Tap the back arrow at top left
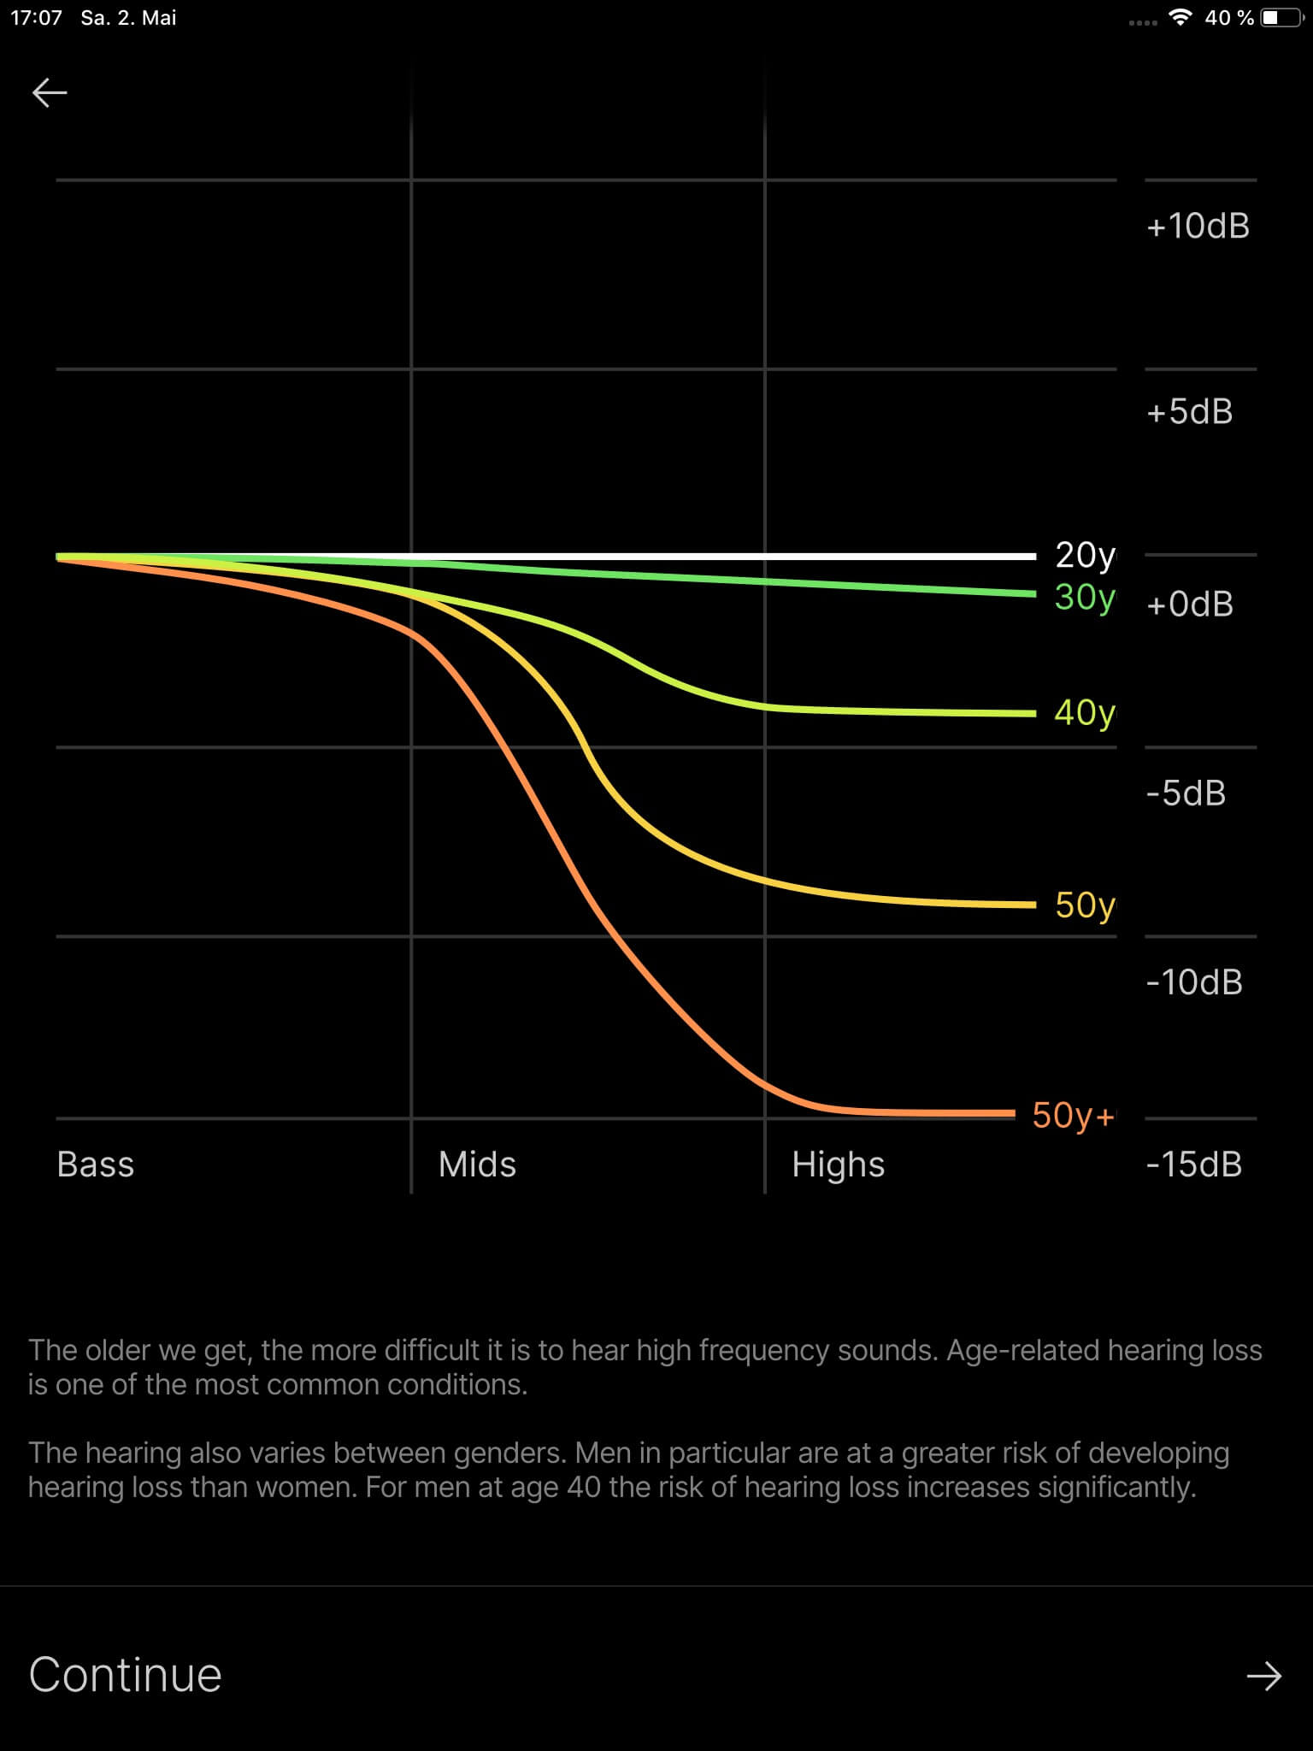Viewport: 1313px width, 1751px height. [x=50, y=92]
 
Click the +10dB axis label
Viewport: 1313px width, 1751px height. [x=1198, y=227]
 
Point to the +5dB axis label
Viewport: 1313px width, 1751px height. [x=1189, y=412]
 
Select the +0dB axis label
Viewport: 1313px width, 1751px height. [x=1190, y=604]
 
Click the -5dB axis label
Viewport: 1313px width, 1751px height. [x=1186, y=793]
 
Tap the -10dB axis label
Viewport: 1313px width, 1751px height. [x=1194, y=982]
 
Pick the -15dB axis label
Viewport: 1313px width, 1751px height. [x=1194, y=1164]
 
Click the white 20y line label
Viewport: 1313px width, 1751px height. [x=1085, y=556]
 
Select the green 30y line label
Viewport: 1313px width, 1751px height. [x=1084, y=598]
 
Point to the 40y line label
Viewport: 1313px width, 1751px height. [x=1084, y=713]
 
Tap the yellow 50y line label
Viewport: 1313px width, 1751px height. [x=1085, y=905]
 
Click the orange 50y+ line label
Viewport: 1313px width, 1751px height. [x=1073, y=1116]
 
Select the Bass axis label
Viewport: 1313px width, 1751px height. [x=96, y=1164]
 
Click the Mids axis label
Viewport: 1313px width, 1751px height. [x=477, y=1164]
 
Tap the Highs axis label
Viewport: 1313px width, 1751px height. [x=838, y=1164]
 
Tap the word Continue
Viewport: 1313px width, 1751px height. [x=126, y=1675]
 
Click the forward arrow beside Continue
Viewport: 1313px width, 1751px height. [x=1263, y=1677]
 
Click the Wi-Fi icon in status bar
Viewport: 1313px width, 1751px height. [x=1181, y=18]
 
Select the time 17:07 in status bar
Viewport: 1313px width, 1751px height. [x=37, y=18]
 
